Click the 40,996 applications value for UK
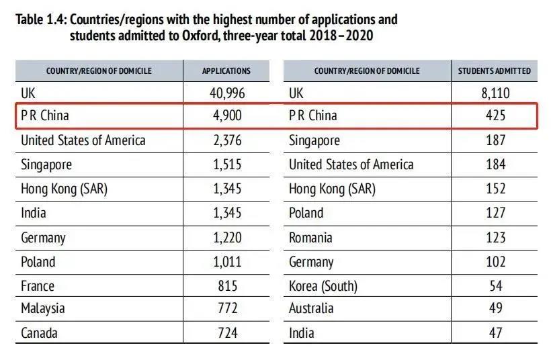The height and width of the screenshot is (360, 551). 226,93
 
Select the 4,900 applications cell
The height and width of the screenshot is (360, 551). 226,116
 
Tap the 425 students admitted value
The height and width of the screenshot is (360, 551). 495,116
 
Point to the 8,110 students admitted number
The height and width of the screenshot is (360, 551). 495,93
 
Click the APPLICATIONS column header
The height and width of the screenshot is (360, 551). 226,71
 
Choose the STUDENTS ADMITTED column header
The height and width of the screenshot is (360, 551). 495,71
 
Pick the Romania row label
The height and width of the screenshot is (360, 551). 310,238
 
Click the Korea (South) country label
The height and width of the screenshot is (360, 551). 323,286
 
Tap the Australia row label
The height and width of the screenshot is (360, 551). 311,309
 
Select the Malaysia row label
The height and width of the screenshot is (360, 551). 43,309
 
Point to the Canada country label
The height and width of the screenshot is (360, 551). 40,333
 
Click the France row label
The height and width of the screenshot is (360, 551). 38,286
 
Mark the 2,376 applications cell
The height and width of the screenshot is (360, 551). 226,140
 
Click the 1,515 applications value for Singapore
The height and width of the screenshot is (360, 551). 226,165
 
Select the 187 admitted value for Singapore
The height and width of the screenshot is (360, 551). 495,140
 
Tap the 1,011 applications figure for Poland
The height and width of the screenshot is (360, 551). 226,262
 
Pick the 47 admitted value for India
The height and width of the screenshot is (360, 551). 495,333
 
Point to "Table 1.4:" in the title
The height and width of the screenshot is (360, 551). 40,20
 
